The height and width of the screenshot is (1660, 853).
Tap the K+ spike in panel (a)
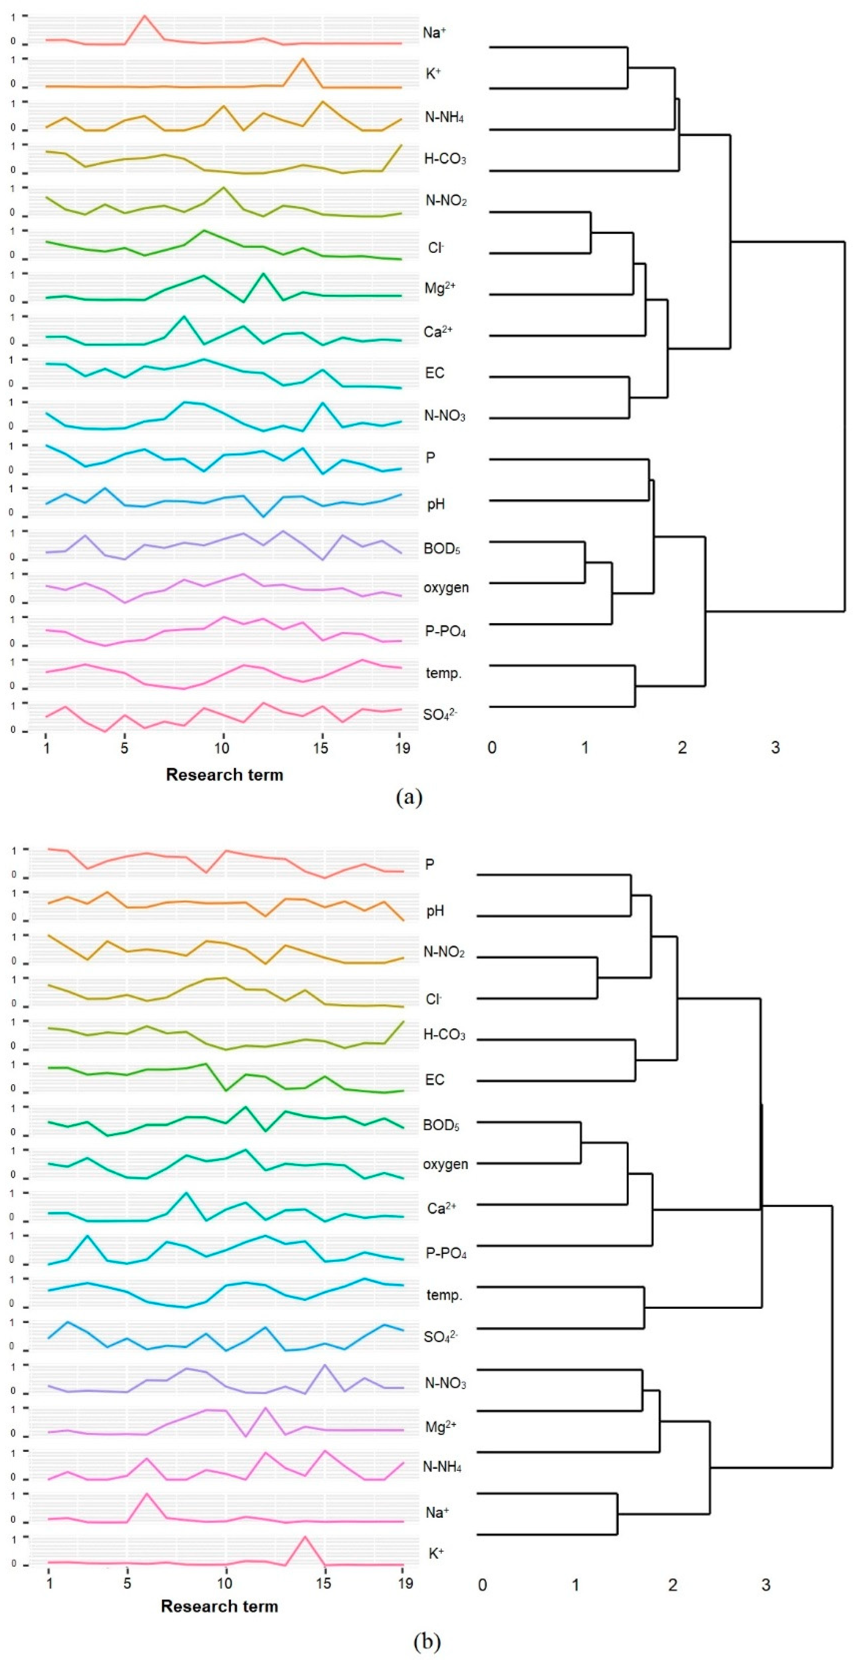pos(302,59)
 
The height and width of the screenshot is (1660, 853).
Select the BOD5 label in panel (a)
pos(441,549)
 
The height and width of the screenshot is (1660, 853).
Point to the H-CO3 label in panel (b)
pos(444,1035)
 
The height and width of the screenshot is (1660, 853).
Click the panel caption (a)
pos(409,798)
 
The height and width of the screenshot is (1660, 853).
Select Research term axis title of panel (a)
pos(224,774)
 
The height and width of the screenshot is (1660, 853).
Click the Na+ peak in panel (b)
pos(147,1494)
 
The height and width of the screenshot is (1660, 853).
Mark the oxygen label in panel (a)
pos(446,588)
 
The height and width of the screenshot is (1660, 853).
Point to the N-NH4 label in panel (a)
pos(444,117)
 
